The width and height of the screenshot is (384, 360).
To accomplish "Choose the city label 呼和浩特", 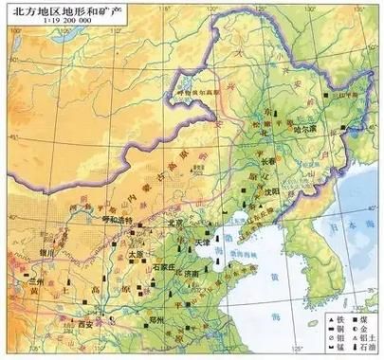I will (x=117, y=217).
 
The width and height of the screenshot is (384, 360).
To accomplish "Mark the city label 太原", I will (x=135, y=254).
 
